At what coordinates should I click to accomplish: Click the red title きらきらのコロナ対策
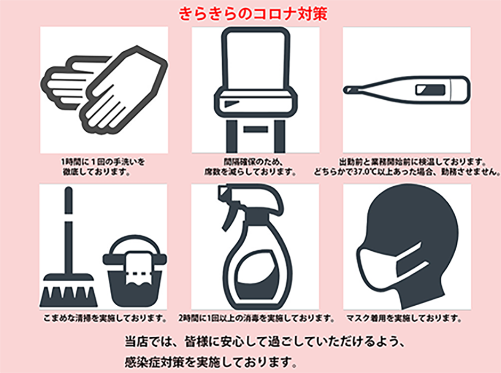click(253, 14)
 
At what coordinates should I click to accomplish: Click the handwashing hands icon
click(104, 91)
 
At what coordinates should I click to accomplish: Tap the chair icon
click(255, 90)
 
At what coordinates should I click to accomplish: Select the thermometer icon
click(407, 90)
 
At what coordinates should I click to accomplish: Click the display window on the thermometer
click(431, 90)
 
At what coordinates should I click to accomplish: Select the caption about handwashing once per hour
click(103, 166)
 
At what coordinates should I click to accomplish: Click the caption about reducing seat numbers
click(250, 166)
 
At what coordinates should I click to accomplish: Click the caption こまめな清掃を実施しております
click(105, 318)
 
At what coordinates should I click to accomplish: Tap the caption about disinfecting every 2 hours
click(256, 318)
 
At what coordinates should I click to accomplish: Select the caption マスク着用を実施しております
click(404, 318)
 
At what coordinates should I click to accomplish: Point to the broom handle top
click(68, 189)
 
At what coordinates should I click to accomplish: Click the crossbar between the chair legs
click(255, 129)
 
